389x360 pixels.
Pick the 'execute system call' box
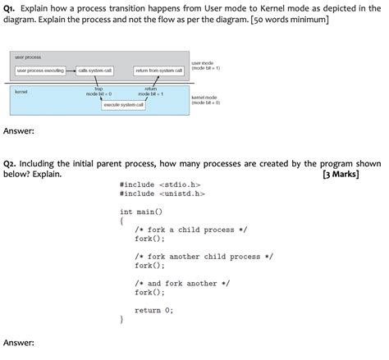pyautogui.click(x=123, y=105)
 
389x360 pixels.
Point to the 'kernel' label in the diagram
pyautogui.click(x=22, y=92)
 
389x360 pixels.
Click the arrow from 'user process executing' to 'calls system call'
pyautogui.click(x=71, y=71)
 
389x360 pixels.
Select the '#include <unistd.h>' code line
pyautogui.click(x=162, y=195)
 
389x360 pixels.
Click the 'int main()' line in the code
pyautogui.click(x=141, y=212)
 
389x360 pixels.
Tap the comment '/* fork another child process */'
pyautogui.click(x=204, y=257)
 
